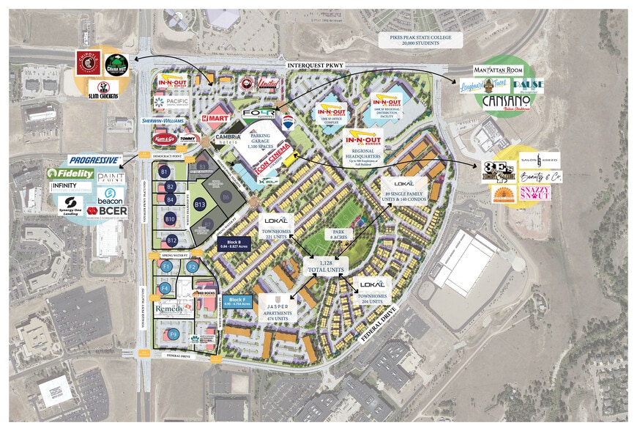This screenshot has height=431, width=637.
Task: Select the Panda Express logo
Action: [x=247, y=84]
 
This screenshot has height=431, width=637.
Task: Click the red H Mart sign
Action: [x=217, y=117]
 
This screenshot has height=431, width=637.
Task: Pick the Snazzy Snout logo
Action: [x=537, y=194]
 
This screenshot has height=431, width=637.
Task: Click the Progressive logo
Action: [x=94, y=160]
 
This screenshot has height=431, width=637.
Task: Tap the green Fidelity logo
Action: [x=70, y=174]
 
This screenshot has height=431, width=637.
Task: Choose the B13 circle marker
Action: [x=199, y=205]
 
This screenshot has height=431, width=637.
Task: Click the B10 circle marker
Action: [x=170, y=218]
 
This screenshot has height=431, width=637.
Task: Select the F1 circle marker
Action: [x=167, y=265]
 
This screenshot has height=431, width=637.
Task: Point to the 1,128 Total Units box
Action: [x=323, y=266]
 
